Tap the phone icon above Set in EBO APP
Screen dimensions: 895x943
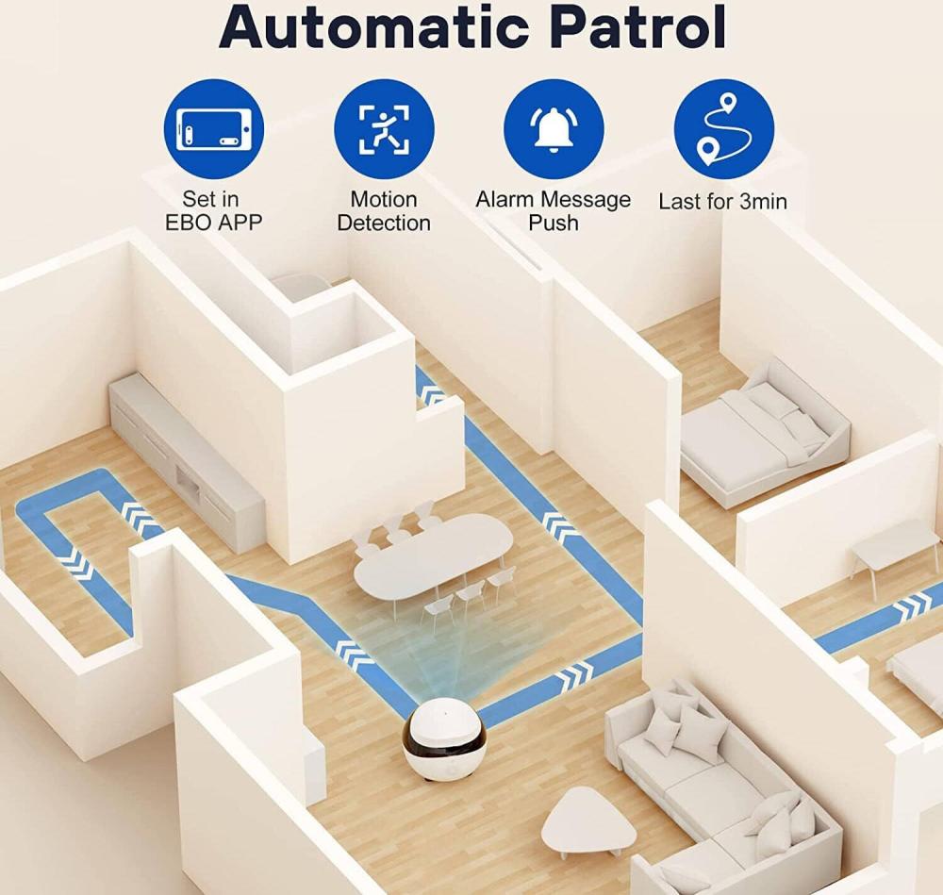tap(213, 128)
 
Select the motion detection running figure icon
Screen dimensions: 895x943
tap(384, 128)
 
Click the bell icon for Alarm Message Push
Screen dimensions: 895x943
tap(554, 128)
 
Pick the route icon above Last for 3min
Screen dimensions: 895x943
tap(723, 128)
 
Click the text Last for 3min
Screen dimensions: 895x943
tap(722, 201)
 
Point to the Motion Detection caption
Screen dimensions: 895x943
tap(384, 211)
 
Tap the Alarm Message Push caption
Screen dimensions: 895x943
tap(554, 211)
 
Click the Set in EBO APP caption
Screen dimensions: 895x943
tap(211, 211)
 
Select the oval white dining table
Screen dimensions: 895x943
tap(434, 556)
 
